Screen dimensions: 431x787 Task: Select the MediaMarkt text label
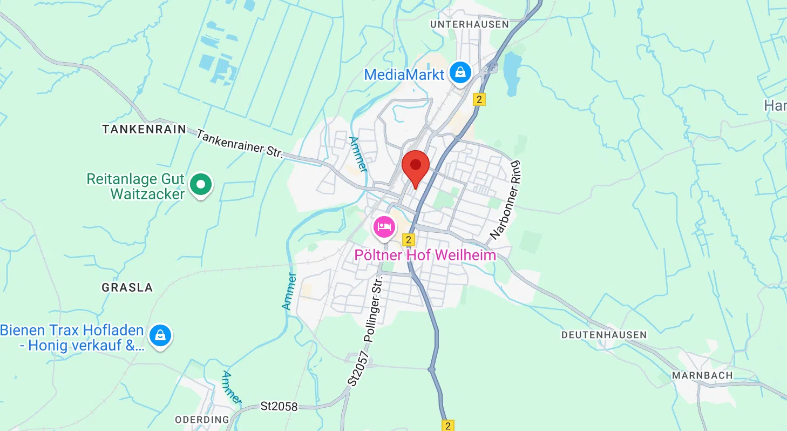tap(404, 75)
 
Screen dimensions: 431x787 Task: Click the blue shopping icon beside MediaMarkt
tap(460, 72)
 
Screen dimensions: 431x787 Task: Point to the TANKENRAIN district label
tap(144, 130)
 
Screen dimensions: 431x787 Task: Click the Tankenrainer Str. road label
tap(240, 144)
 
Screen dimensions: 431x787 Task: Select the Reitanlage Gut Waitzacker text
tap(136, 186)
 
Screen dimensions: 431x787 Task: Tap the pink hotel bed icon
tap(384, 227)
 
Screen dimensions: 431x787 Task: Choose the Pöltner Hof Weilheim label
tap(425, 255)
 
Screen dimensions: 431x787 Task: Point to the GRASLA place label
tap(127, 287)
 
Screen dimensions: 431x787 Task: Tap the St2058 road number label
tap(279, 406)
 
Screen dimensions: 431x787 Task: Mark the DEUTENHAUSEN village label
tap(603, 335)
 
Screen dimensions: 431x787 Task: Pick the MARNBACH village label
tap(702, 375)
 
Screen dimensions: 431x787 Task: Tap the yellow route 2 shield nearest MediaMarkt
tap(479, 99)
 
